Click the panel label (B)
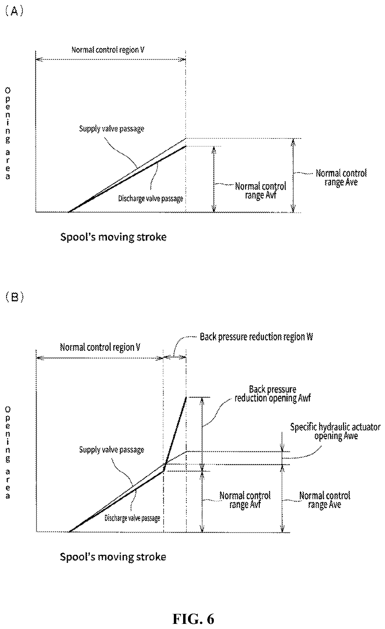pyautogui.click(x=15, y=297)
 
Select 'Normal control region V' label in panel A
pyautogui.click(x=108, y=50)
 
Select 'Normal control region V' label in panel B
pyautogui.click(x=100, y=347)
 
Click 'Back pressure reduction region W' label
pyautogui.click(x=256, y=337)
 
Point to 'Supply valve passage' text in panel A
pyautogui.click(x=111, y=129)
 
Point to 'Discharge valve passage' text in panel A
pyautogui.click(x=150, y=199)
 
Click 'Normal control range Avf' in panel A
pyautogui.click(x=260, y=191)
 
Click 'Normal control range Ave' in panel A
pyautogui.click(x=341, y=177)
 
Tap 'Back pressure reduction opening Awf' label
pyautogui.click(x=273, y=394)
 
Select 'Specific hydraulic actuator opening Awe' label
pyautogui.click(x=335, y=431)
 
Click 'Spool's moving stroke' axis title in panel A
pyautogui.click(x=114, y=237)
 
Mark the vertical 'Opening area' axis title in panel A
pyautogui.click(x=8, y=133)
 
